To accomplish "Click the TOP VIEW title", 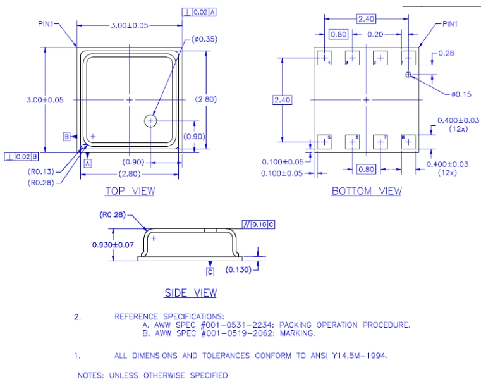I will tap(130, 191).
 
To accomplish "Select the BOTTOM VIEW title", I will tap(366, 191).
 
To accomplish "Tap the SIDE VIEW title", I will tap(190, 293).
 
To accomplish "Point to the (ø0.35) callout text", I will tap(202, 39).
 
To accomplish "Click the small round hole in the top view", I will tap(150, 120).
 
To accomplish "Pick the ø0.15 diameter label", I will tap(461, 94).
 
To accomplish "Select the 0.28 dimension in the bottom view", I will tap(446, 53).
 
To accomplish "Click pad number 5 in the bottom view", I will tap(325, 141).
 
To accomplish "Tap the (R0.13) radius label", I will tap(40, 171).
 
